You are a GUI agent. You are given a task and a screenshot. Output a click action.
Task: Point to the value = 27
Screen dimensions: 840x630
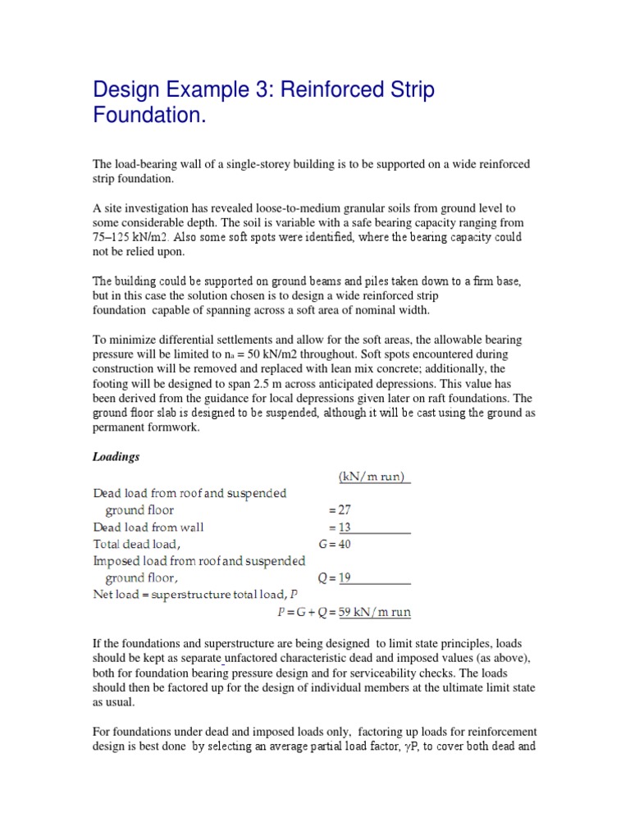pyautogui.click(x=339, y=510)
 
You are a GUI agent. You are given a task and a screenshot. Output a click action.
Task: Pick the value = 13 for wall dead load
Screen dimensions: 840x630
pyautogui.click(x=339, y=527)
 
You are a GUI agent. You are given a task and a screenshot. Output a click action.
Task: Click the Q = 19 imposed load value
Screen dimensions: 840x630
pyautogui.click(x=335, y=577)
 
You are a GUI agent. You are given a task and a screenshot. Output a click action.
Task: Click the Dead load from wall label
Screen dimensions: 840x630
pyautogui.click(x=148, y=527)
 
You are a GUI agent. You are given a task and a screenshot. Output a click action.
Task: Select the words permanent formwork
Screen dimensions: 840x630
pyautogui.click(x=145, y=427)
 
